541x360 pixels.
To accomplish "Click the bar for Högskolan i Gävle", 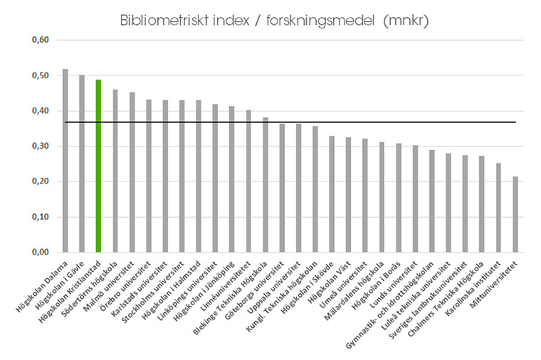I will tap(82, 164).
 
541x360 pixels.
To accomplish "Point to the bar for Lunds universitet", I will tap(415, 198).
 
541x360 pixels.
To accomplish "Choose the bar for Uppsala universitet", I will tap(298, 188).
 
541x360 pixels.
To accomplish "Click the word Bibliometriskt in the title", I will tap(161, 21).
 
